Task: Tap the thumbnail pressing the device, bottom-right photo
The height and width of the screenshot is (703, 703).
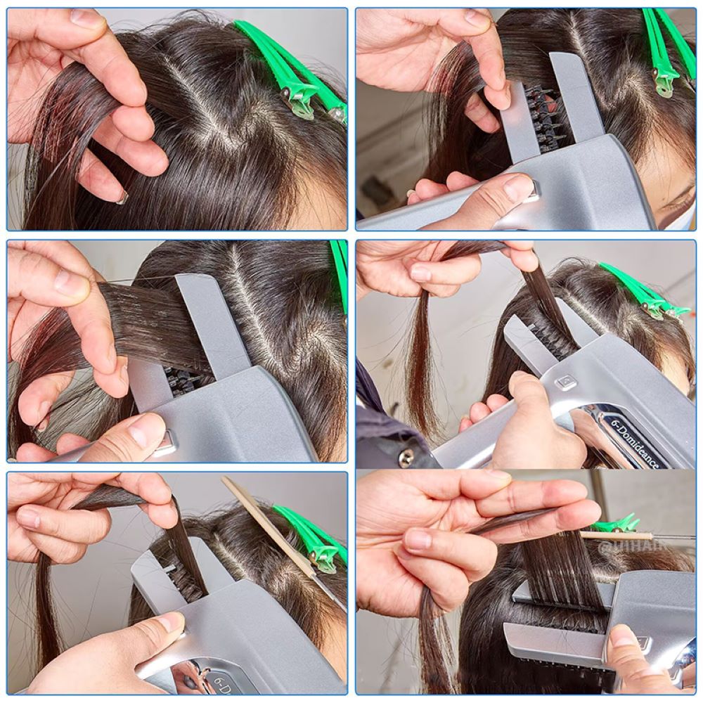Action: (x=623, y=637)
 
